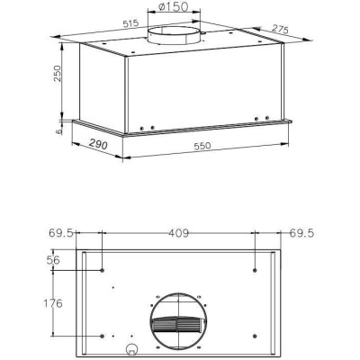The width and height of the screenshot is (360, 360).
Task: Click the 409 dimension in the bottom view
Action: click(179, 235)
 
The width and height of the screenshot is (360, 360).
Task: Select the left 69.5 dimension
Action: click(61, 235)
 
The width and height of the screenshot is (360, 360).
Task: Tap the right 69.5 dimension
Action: click(302, 235)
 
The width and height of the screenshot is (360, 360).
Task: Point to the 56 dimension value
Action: click(53, 261)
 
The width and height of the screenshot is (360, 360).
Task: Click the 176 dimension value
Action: click(54, 303)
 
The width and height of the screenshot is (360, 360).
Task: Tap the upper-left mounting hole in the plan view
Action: click(103, 269)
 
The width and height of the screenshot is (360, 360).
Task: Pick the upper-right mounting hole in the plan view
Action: click(255, 269)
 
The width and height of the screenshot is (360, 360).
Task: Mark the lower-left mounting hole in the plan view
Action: click(103, 336)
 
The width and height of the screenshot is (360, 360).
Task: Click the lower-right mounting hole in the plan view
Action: click(255, 336)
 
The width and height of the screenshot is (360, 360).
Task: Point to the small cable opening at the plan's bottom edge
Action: click(132, 349)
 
